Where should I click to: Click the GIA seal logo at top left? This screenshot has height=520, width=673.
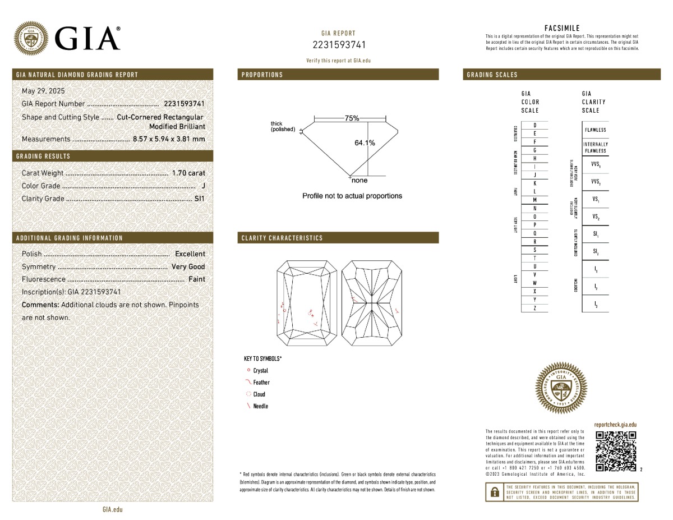[x=30, y=38]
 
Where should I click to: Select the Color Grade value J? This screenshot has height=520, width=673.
[x=202, y=186]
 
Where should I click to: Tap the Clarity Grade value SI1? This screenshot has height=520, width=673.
[x=199, y=199]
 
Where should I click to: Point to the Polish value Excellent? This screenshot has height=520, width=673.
[x=190, y=254]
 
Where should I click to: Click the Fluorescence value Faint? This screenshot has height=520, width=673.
[x=196, y=279]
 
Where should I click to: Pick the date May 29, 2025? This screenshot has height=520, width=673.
[x=44, y=91]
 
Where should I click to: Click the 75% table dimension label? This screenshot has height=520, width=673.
[x=352, y=118]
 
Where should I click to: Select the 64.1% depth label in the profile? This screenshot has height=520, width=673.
[x=365, y=143]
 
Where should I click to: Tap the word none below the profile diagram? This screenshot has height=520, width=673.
[x=359, y=181]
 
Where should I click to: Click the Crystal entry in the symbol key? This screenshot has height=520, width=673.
[x=260, y=371]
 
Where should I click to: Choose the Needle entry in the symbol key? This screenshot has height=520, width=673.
[x=260, y=406]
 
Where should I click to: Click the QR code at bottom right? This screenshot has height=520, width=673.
[x=616, y=451]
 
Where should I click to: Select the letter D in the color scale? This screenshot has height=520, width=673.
[x=535, y=125]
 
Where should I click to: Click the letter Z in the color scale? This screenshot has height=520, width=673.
[x=535, y=308]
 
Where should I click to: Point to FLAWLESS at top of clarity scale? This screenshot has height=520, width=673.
[x=595, y=130]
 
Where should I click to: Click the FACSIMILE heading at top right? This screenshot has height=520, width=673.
[x=562, y=28]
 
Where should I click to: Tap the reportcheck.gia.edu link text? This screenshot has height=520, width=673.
[x=615, y=426]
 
